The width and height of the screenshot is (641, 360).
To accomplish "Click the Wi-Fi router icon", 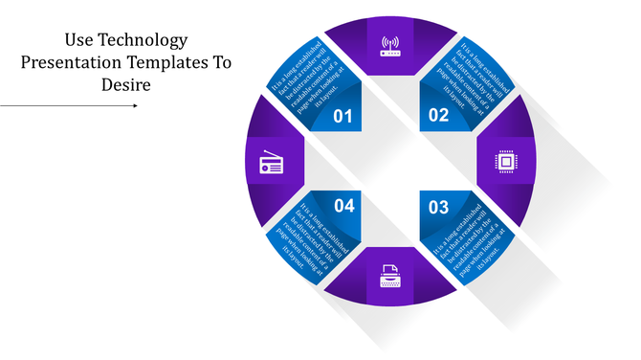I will click(390, 45).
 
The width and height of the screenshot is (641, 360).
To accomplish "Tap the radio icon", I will click(271, 165).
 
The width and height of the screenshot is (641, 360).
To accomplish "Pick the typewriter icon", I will click(389, 280).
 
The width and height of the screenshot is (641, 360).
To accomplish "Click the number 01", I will click(343, 117).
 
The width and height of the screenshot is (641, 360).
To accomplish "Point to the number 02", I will click(438, 117).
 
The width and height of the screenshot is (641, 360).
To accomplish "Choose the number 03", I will click(438, 207).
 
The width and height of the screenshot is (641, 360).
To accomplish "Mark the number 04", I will click(344, 207).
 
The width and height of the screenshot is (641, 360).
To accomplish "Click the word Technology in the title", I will click(139, 40).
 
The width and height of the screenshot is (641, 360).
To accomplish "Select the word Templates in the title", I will click(173, 62).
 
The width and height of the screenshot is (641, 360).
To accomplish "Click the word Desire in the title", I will click(125, 84).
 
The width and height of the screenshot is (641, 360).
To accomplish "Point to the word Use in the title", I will click(77, 40).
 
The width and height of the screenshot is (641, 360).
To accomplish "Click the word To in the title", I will click(222, 62).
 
